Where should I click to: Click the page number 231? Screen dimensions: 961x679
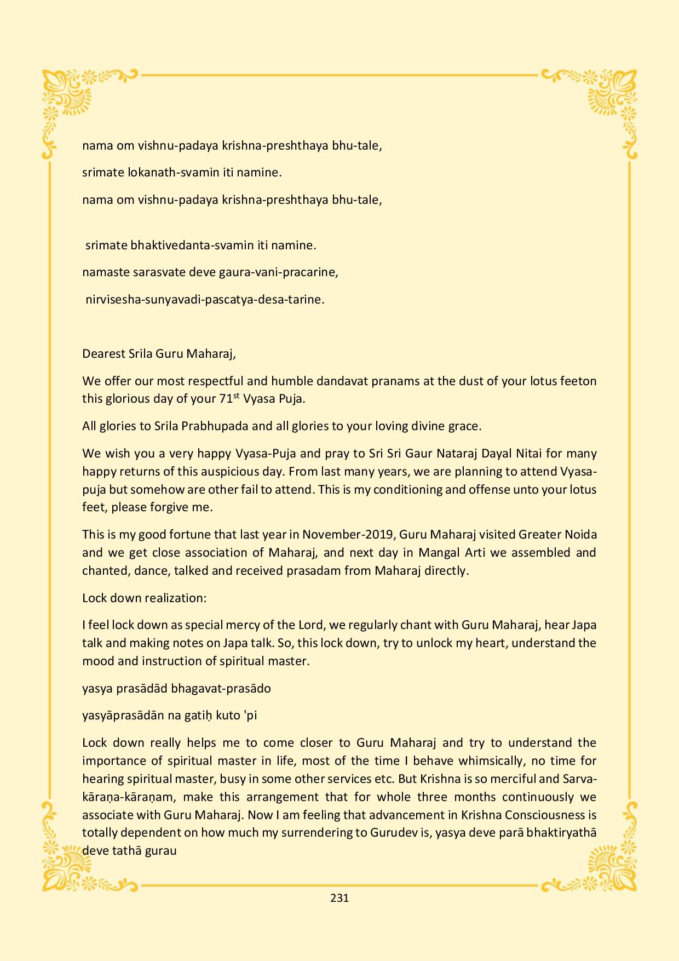339,898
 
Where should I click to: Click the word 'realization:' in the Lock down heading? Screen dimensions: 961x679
175,598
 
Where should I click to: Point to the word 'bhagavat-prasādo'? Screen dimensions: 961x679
221,688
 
